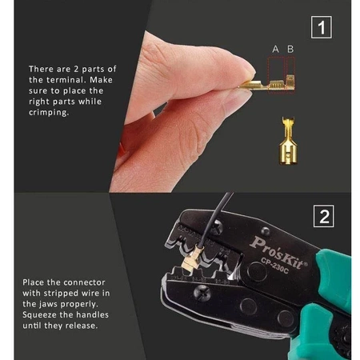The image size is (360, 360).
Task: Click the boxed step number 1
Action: [322, 27]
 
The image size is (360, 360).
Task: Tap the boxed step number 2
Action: [324, 216]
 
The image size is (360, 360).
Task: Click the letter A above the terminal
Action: [275, 50]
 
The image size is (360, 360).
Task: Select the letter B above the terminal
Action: [290, 50]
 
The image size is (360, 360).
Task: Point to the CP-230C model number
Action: [274, 266]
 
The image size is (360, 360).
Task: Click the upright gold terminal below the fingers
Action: [288, 141]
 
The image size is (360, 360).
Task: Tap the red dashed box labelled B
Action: [290, 75]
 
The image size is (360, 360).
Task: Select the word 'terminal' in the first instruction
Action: [66, 80]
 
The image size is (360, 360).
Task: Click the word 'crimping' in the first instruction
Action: [49, 113]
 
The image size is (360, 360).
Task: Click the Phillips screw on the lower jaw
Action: [202, 293]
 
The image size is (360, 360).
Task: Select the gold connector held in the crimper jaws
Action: [191, 261]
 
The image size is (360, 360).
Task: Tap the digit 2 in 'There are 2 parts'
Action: [76, 69]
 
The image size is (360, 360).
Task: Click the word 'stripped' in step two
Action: [61, 294]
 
